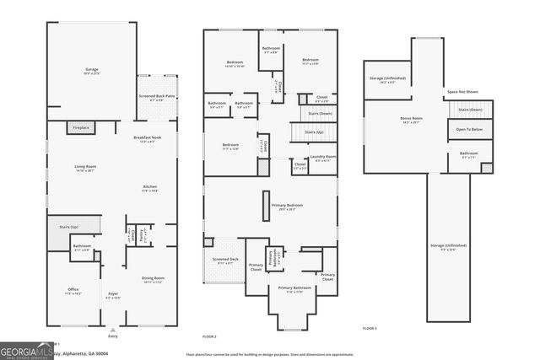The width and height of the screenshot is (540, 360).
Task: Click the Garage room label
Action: tap(91, 69)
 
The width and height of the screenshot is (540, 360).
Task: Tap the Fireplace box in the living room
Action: tap(81, 127)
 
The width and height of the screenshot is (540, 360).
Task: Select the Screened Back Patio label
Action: tap(157, 97)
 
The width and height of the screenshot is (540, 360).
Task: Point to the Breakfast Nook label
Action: tap(147, 138)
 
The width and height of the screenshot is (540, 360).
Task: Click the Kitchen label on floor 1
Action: tap(149, 188)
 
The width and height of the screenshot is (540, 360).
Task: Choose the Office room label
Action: tap(73, 291)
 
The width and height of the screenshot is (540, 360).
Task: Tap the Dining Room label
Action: tap(153, 279)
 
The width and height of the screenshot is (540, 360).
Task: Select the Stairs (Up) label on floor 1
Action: tap(70, 227)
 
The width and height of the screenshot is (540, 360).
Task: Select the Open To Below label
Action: tap(469, 129)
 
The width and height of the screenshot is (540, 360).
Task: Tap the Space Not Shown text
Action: tap(462, 91)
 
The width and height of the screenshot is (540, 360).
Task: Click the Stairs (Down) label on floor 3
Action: tap(470, 110)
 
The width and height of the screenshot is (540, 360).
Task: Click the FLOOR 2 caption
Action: tap(208, 336)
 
